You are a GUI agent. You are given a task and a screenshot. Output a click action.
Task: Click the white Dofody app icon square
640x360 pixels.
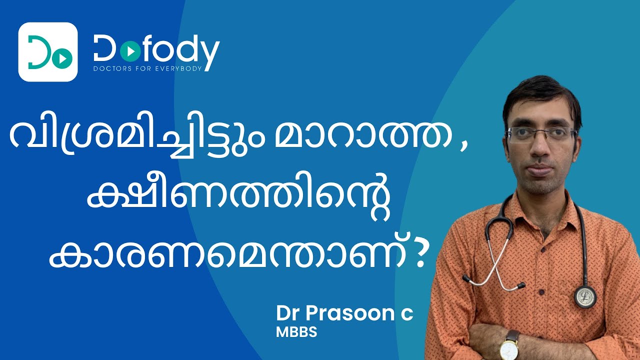[48, 52]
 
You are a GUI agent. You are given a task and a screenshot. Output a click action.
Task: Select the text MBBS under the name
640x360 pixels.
[296, 332]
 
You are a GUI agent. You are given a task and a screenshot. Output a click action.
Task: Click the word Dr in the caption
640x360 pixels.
[287, 313]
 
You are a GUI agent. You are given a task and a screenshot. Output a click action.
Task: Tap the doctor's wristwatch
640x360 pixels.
[508, 346]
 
